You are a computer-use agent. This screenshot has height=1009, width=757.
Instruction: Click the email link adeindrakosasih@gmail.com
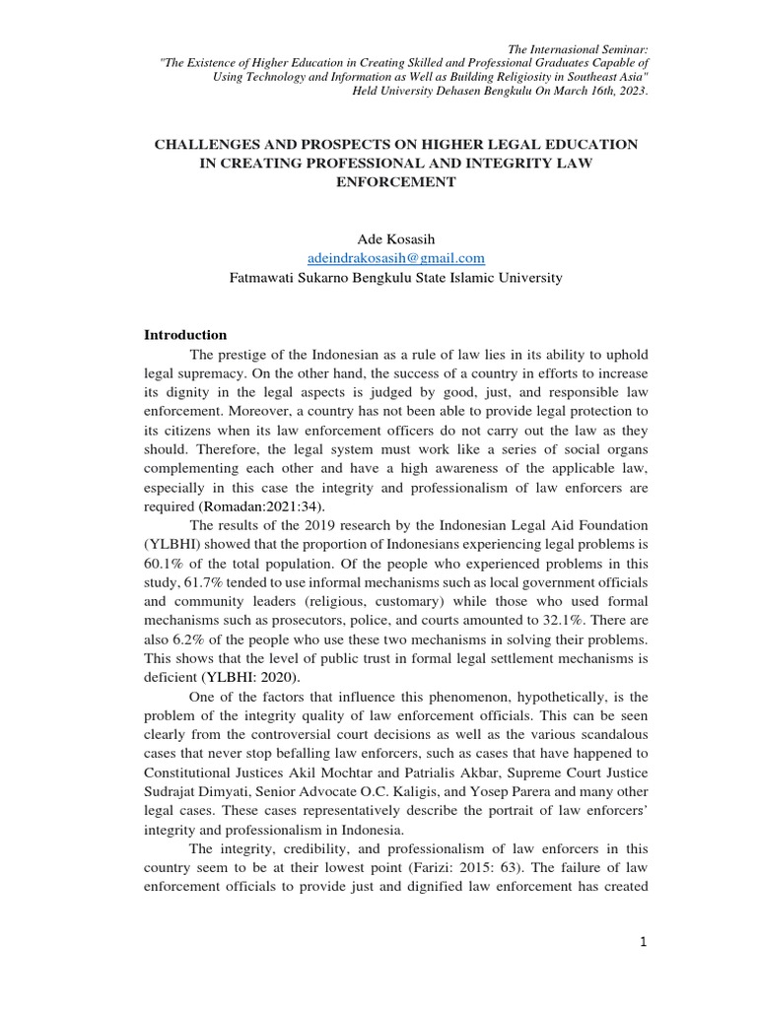[x=396, y=258]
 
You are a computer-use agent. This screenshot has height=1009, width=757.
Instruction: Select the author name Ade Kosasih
[x=396, y=238]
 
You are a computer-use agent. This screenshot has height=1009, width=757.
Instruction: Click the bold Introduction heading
[x=185, y=335]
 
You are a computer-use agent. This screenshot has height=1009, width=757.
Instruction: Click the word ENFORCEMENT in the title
[x=396, y=183]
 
